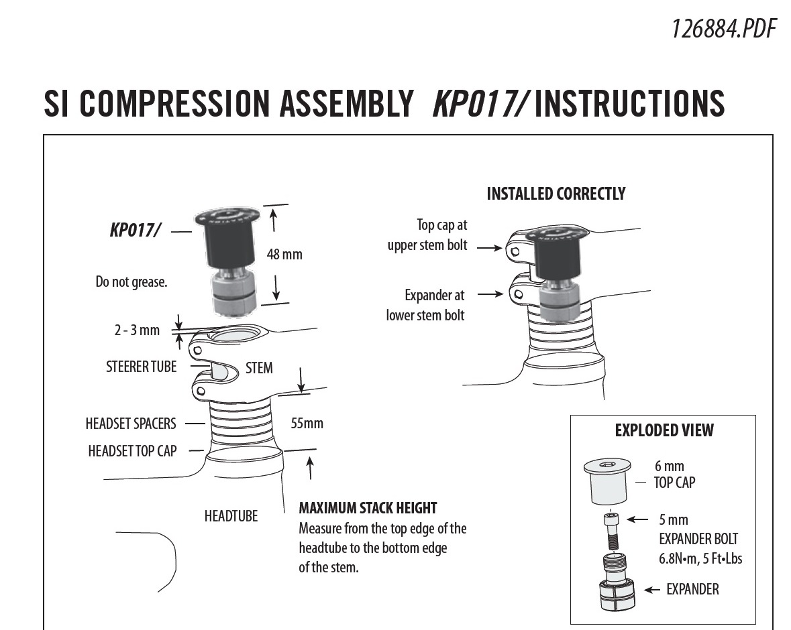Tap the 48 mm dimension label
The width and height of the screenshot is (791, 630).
(284, 255)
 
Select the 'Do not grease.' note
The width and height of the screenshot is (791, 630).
(131, 282)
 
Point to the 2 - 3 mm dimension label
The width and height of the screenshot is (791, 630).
(137, 330)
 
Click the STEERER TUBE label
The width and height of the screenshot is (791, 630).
(141, 367)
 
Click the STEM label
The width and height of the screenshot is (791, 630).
(259, 368)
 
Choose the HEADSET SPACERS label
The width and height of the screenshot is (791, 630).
(131, 424)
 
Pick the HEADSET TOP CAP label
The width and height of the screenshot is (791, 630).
(132, 451)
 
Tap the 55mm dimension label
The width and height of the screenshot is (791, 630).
(307, 424)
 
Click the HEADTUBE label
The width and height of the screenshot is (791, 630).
(231, 516)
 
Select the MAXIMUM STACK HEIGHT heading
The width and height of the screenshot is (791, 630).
(368, 508)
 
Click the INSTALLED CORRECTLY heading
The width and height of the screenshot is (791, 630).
(556, 194)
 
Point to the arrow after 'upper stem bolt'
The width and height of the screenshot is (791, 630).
(490, 247)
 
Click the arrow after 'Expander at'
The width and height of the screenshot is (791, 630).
(492, 294)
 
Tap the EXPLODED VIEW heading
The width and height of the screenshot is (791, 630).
(664, 430)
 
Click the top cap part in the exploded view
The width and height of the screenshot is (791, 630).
(609, 482)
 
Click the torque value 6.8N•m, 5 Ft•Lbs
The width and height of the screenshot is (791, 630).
(700, 558)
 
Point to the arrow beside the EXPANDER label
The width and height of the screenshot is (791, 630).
(651, 590)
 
